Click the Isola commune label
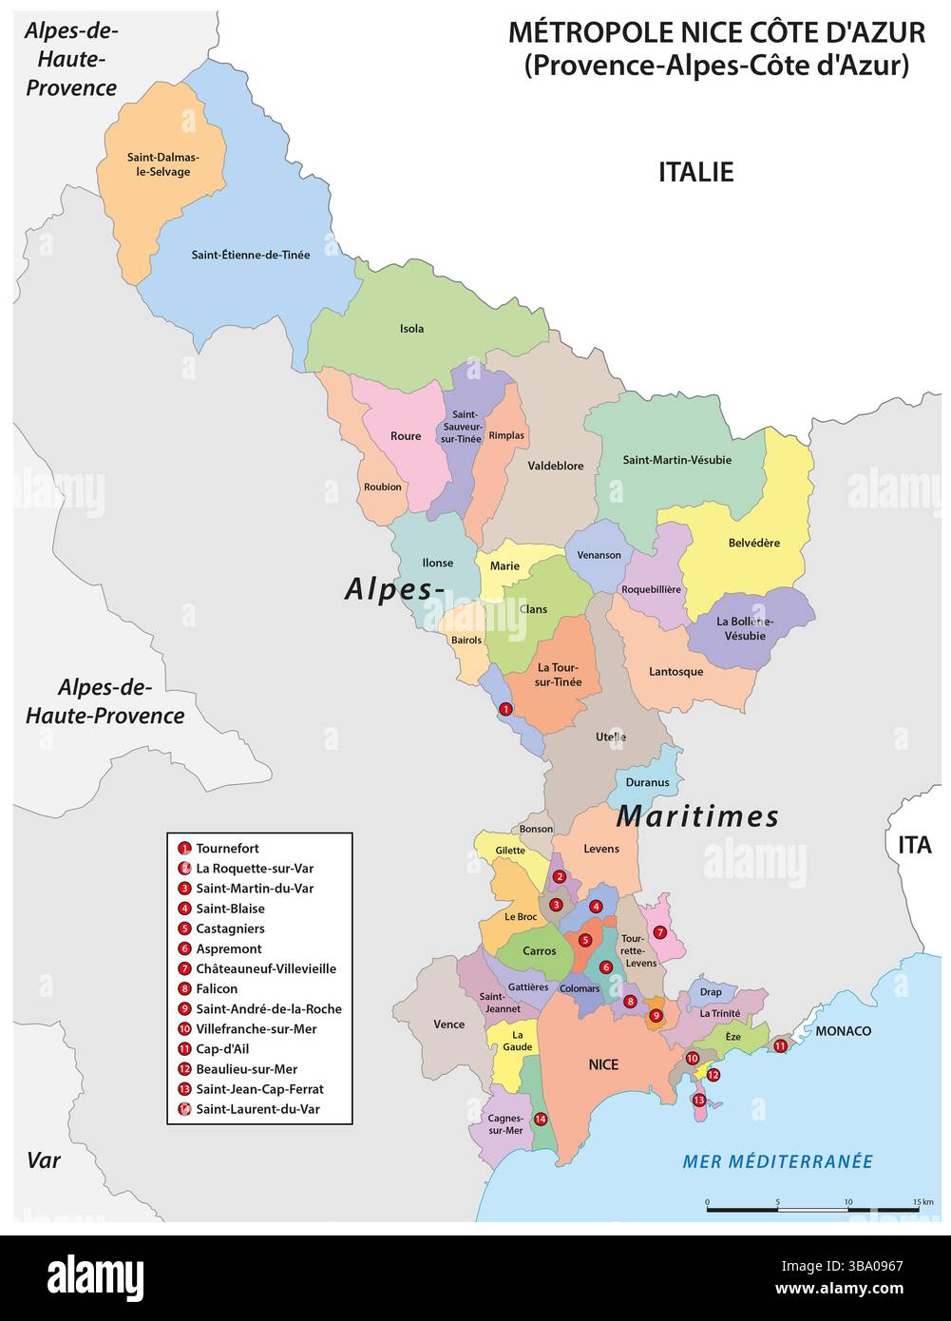[x=411, y=329]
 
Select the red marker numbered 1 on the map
[x=505, y=708]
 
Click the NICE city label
[x=603, y=1064]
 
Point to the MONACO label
[x=843, y=1031]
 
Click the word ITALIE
[x=695, y=172]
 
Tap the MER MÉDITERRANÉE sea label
[x=777, y=1161]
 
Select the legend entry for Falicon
[x=217, y=988]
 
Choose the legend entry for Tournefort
[x=227, y=848]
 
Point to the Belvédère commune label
[x=753, y=544]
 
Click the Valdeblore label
[x=556, y=466]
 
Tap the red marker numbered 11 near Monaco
[x=780, y=1046]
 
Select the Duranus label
[x=647, y=783]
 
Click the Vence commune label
[x=448, y=1024]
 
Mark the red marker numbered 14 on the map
[x=541, y=1120]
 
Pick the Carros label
[x=540, y=950]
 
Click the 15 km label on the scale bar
[x=922, y=1202]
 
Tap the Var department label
[x=44, y=1160]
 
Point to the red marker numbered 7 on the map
[x=659, y=906]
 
